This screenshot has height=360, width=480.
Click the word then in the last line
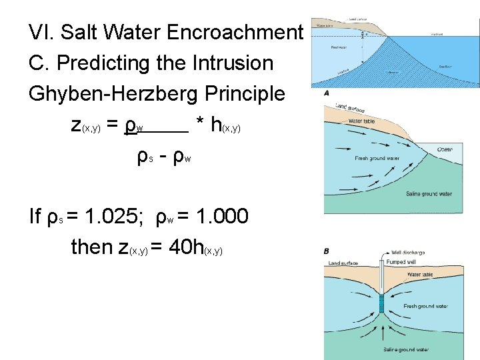click(92, 247)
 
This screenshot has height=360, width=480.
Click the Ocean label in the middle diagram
click(445, 149)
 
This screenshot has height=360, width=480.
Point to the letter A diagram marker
click(327, 93)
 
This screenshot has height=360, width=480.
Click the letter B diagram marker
click(327, 251)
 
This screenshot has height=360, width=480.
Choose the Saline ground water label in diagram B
click(407, 349)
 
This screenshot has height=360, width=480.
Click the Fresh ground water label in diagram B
click(426, 306)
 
